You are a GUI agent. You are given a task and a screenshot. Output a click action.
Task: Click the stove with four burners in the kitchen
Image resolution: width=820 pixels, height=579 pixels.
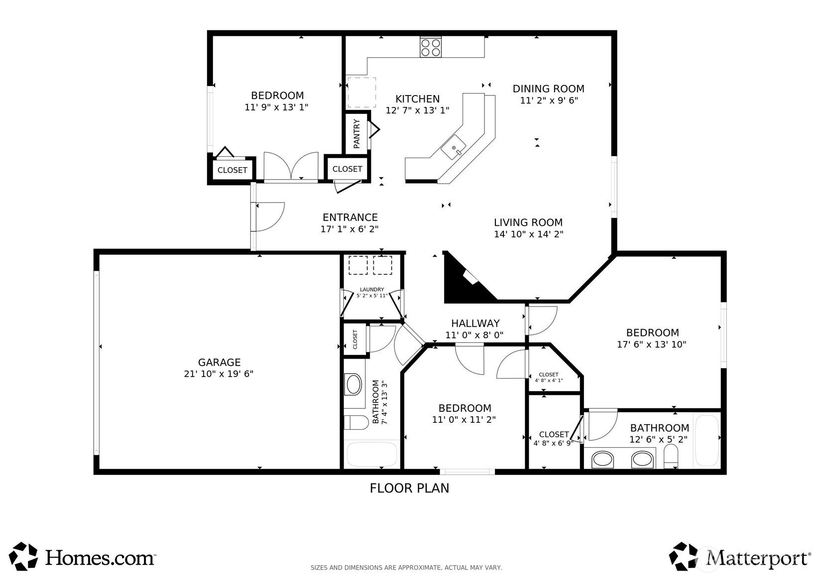(431, 47)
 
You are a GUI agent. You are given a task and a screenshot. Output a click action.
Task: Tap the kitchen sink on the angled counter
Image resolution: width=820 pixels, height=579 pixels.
(454, 147)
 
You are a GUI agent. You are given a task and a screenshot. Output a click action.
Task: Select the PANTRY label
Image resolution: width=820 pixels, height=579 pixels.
(356, 133)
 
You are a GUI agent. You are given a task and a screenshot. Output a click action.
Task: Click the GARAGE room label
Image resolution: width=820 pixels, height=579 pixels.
(219, 362)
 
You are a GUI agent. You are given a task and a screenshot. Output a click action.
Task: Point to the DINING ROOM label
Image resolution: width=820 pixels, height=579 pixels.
(548, 89)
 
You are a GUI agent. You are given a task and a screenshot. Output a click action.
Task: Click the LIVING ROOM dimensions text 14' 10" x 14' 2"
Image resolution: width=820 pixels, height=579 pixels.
(529, 234)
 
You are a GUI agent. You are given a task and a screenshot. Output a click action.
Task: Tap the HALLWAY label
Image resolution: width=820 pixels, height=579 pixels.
(475, 323)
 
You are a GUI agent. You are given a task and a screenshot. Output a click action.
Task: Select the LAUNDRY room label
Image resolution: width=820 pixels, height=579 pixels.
(372, 289)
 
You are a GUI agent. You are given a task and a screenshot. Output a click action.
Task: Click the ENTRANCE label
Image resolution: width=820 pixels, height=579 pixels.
(350, 217)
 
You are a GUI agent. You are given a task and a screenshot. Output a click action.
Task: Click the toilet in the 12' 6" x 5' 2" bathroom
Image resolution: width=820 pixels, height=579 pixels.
(671, 456)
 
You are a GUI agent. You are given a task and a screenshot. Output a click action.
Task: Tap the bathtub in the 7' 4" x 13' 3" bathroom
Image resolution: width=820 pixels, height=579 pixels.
(372, 455)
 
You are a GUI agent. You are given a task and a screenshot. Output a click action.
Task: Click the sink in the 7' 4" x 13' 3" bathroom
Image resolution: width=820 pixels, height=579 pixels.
(353, 385)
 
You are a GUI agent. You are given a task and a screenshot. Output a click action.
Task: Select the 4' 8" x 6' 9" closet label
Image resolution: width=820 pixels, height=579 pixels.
(554, 439)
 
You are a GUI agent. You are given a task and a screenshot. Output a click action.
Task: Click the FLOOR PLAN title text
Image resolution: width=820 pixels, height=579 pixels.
(409, 488)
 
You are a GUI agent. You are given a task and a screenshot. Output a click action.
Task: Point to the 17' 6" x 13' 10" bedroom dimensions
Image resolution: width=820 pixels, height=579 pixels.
(652, 345)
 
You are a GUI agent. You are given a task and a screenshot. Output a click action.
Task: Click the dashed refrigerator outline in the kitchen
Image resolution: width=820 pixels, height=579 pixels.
(361, 92)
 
